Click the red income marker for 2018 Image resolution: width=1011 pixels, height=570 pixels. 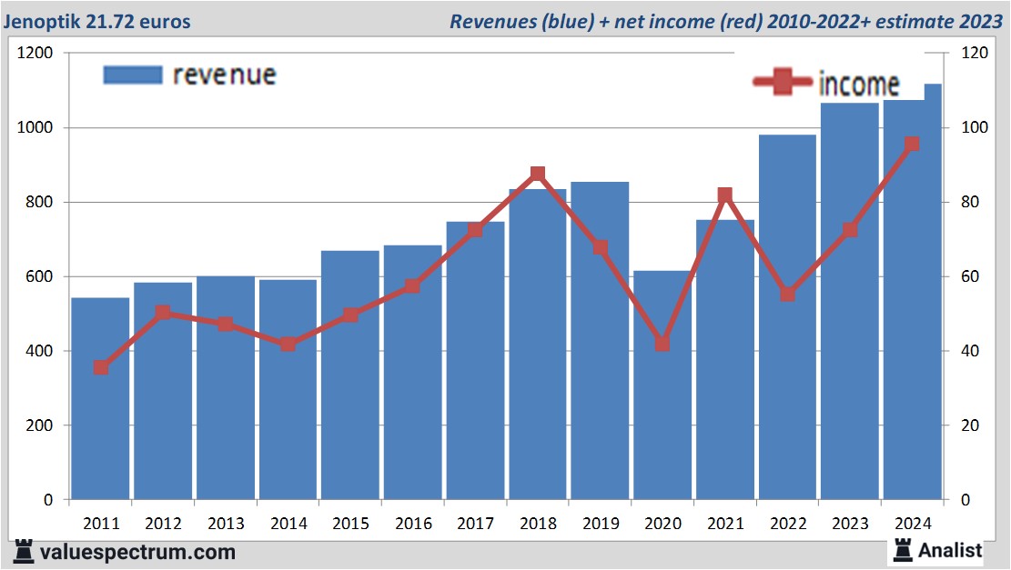coord(537,174)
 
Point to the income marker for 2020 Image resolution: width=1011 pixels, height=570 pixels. coord(662,344)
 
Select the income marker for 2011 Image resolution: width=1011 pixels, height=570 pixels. coord(101,367)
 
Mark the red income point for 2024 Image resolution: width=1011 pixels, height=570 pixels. coord(912,144)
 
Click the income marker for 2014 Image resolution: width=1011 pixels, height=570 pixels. coord(288,344)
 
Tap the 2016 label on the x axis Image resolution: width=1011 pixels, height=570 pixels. coord(412,524)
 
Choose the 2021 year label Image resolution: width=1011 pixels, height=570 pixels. coord(724,524)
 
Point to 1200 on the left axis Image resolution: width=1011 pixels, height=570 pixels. coord(35,54)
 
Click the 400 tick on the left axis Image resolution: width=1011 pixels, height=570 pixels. coord(40,351)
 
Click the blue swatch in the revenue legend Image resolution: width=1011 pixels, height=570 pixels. coord(132,75)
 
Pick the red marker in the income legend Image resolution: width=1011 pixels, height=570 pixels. coord(783,83)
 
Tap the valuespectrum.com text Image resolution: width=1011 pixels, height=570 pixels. coord(137,551)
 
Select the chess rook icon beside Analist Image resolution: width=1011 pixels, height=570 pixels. coord(903,549)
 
